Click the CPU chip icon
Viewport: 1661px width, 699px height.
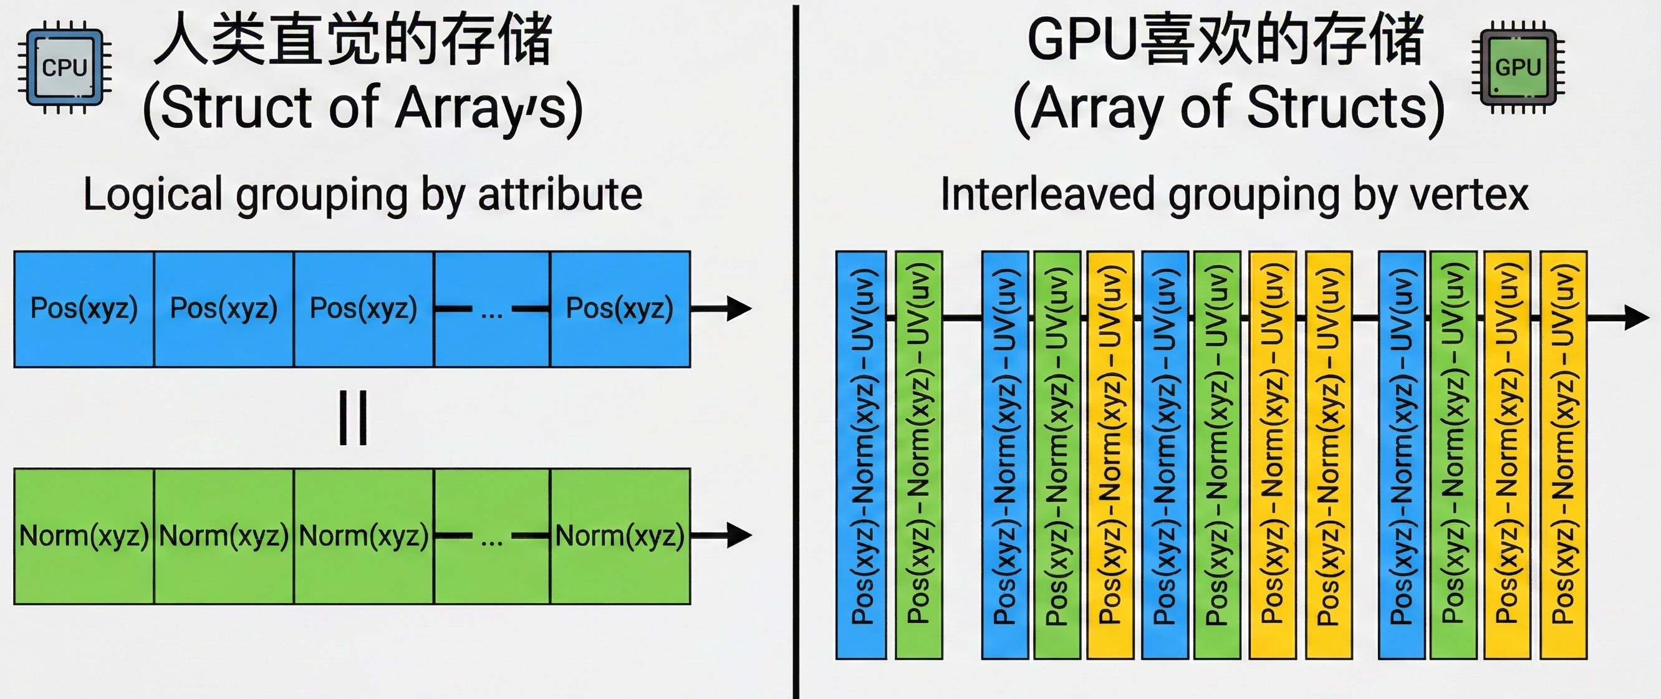pos(64,67)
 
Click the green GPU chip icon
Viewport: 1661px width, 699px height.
pos(1518,67)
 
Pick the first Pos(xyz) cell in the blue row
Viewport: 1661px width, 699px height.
pos(84,309)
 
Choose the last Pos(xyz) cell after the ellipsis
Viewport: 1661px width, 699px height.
pos(620,309)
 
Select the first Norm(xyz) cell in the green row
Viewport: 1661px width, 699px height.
pos(84,536)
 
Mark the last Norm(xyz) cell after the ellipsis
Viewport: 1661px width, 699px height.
pos(620,536)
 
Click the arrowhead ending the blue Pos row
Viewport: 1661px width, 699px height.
pos(738,308)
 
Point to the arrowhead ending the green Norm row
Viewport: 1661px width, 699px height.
pos(738,534)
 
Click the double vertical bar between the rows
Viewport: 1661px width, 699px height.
pos(354,417)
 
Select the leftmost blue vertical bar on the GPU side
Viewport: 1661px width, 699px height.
pos(861,455)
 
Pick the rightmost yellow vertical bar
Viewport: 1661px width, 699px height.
pos(1563,455)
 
